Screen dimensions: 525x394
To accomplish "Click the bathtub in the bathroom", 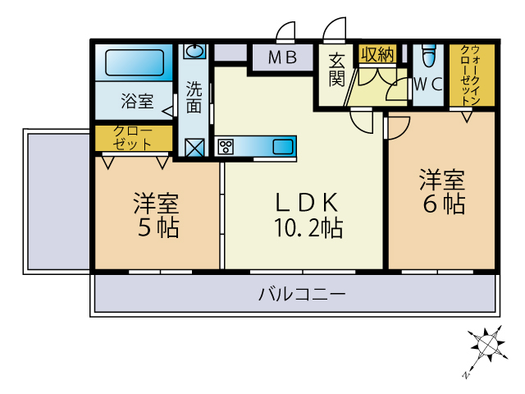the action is click(x=135, y=62).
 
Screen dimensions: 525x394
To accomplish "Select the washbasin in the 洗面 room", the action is click(x=194, y=51).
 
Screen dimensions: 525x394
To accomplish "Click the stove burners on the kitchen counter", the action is click(x=226, y=146).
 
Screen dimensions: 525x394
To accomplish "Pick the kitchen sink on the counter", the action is click(x=283, y=147).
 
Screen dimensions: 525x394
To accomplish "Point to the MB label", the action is click(x=282, y=57).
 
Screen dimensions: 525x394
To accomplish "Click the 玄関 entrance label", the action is click(x=336, y=69).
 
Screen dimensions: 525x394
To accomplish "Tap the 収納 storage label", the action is click(x=377, y=54).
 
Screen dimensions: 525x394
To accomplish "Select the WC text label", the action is click(x=428, y=84).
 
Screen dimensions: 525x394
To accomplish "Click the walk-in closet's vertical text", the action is click(x=471, y=75).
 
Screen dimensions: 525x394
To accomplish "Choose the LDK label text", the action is click(x=306, y=202).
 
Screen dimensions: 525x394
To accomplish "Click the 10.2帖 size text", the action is click(x=308, y=228).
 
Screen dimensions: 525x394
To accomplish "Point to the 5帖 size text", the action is click(x=158, y=228).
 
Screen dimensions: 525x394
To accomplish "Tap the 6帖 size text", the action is click(x=444, y=204).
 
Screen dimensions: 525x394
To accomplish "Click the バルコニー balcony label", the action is click(x=302, y=294).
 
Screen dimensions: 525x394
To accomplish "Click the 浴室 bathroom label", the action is click(x=137, y=101).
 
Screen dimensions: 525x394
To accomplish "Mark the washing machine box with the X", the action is click(x=194, y=148).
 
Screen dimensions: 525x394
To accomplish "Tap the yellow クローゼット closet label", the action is click(x=133, y=138).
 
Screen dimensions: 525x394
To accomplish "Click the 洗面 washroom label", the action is click(x=194, y=98).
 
